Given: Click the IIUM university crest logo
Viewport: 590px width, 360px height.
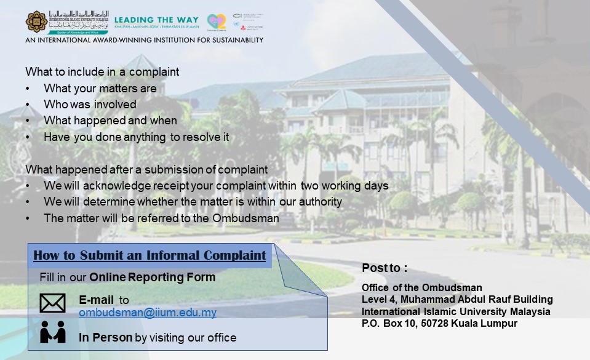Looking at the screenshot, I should tap(36, 21).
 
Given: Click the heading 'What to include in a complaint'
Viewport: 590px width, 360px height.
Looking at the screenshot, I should tap(102, 72).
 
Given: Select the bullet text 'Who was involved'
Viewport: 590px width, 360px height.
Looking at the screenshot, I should tap(90, 105).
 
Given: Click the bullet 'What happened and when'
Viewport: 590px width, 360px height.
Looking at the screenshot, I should tap(110, 121).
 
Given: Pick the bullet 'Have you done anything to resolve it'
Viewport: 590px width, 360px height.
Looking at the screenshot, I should tap(136, 137).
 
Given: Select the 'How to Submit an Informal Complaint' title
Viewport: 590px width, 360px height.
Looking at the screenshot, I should tap(149, 255).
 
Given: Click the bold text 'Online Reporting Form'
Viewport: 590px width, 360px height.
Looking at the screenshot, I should tap(152, 278).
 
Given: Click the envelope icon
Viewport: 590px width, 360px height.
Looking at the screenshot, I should tap(52, 303).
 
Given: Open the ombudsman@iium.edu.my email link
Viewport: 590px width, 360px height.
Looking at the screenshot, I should tap(148, 313).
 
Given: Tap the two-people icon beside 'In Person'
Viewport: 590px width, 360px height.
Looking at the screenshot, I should tap(52, 333).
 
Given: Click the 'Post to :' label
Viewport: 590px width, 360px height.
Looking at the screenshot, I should tap(385, 268).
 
